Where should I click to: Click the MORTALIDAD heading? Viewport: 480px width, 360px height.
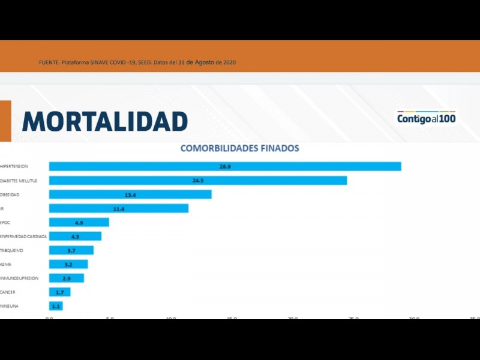click(x=105, y=121)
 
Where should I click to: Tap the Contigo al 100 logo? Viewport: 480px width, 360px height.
click(x=426, y=118)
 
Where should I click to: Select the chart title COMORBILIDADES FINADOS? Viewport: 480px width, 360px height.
click(x=240, y=148)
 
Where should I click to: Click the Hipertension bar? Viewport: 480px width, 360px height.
click(x=225, y=166)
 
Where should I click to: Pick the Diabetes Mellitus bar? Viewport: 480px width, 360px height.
click(x=198, y=181)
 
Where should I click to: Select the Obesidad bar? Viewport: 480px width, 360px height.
click(x=130, y=194)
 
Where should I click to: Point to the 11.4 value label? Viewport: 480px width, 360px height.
click(x=119, y=208)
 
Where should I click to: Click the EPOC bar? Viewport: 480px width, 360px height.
click(x=79, y=222)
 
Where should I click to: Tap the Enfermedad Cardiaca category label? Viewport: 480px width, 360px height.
click(x=23, y=236)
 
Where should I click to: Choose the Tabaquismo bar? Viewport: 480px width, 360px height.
click(x=71, y=250)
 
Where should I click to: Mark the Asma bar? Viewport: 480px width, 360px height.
click(x=68, y=264)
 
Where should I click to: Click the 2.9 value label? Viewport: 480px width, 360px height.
click(x=67, y=278)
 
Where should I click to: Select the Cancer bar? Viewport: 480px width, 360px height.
click(x=60, y=292)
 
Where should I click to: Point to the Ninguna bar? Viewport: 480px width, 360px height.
click(x=56, y=306)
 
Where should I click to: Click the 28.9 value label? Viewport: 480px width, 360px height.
click(x=225, y=166)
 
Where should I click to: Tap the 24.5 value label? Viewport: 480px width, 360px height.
click(x=199, y=181)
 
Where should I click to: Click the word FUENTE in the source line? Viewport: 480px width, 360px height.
click(x=49, y=63)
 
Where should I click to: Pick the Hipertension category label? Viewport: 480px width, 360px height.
click(x=14, y=166)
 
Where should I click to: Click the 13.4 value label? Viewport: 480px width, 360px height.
click(x=130, y=194)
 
